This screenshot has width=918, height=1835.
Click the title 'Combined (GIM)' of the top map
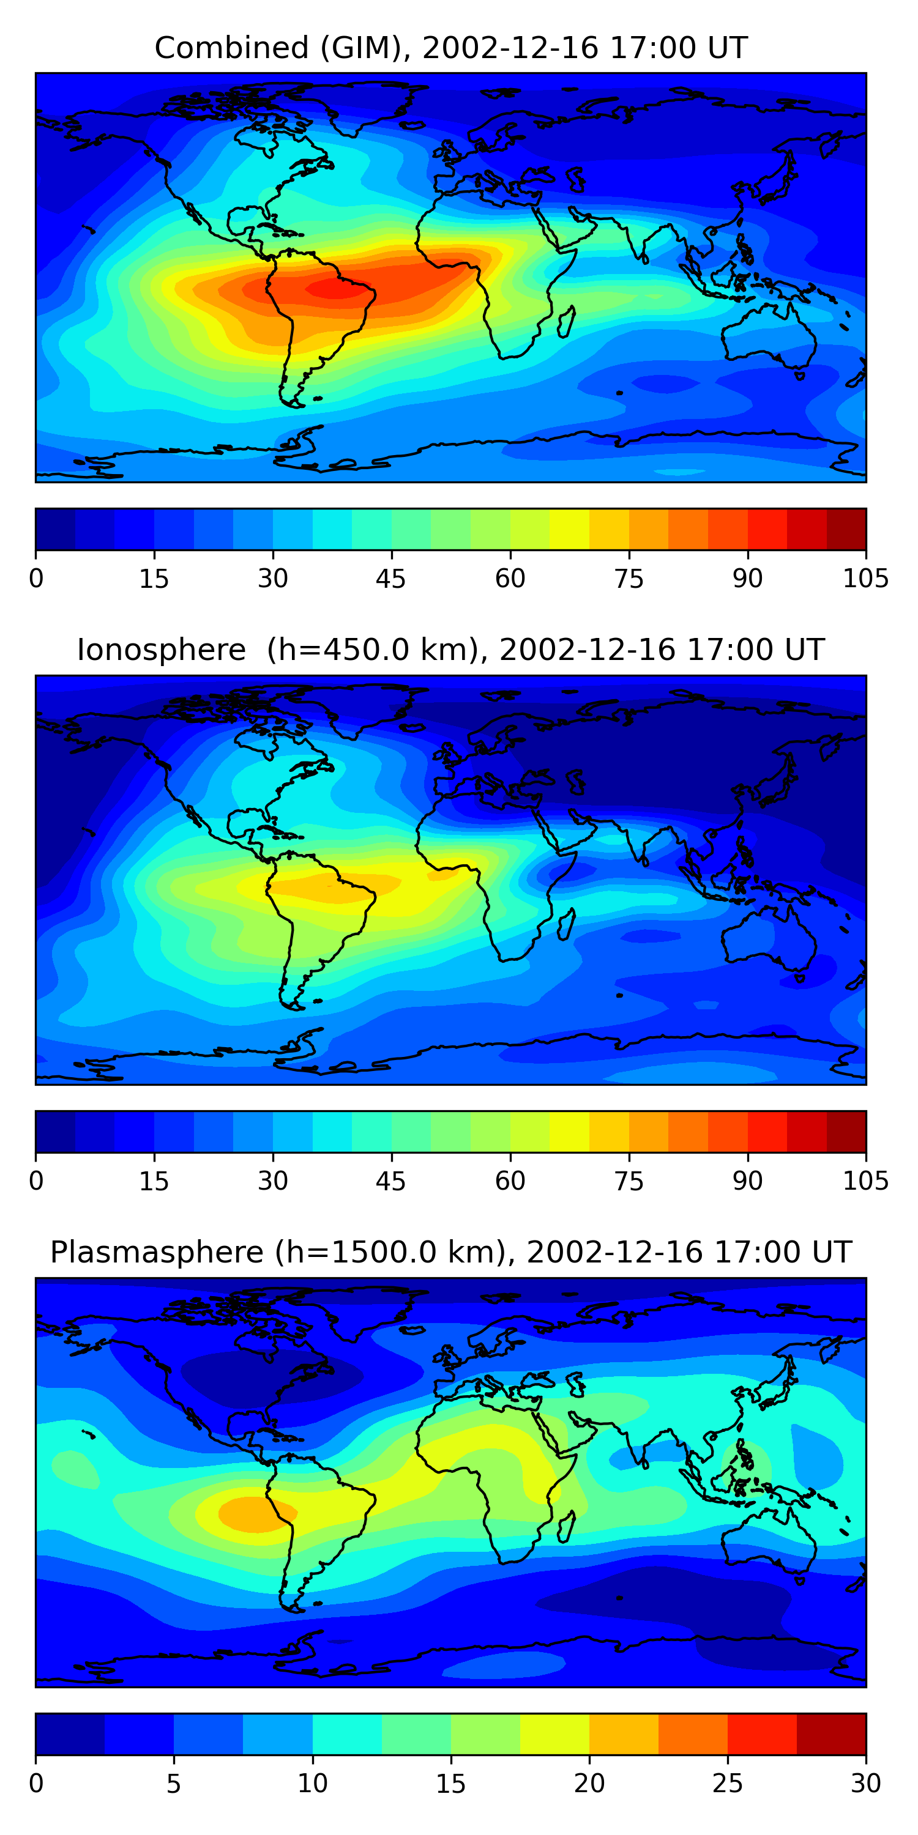(278, 48)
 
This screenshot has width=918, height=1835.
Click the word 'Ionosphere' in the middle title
(161, 650)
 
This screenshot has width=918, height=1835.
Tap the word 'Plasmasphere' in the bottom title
(157, 1252)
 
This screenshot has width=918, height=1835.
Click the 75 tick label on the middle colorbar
(629, 1181)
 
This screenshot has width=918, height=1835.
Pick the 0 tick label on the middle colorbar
(36, 1181)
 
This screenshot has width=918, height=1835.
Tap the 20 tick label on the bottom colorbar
(589, 1783)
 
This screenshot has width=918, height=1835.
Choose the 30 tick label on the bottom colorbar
(866, 1783)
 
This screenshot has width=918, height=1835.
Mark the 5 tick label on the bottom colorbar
(174, 1783)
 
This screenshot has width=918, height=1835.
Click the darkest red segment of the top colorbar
(846, 529)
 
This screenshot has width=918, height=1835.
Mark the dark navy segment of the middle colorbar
(56, 1131)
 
